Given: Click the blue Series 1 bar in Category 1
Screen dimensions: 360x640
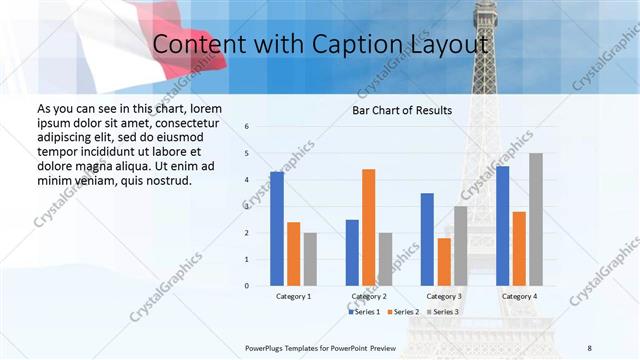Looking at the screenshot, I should [x=277, y=229].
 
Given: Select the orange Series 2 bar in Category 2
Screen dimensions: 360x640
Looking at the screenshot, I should [x=368, y=227].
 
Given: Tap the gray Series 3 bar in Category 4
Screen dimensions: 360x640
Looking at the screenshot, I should [x=536, y=219].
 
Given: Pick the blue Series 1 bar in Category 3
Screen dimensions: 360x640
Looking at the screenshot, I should [x=427, y=239].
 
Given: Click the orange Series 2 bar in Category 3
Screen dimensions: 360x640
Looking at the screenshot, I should [x=444, y=262].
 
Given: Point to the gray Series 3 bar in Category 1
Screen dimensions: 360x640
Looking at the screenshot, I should [x=310, y=259].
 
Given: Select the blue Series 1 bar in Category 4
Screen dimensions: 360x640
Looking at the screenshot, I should [x=502, y=226].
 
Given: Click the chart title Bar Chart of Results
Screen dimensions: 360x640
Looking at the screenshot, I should [x=402, y=110].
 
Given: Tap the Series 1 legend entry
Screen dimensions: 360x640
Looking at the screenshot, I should [x=365, y=312].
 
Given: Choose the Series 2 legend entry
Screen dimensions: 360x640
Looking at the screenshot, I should [x=402, y=312].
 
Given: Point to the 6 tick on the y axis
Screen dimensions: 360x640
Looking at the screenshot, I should [x=247, y=127].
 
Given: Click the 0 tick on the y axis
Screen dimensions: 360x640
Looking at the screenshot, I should [x=247, y=286].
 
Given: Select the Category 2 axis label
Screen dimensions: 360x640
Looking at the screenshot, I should [x=368, y=297].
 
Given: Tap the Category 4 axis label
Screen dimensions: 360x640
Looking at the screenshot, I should [x=518, y=297].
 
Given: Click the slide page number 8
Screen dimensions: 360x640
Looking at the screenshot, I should [x=589, y=347].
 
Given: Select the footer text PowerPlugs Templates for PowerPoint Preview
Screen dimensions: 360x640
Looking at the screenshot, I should [x=320, y=347].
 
